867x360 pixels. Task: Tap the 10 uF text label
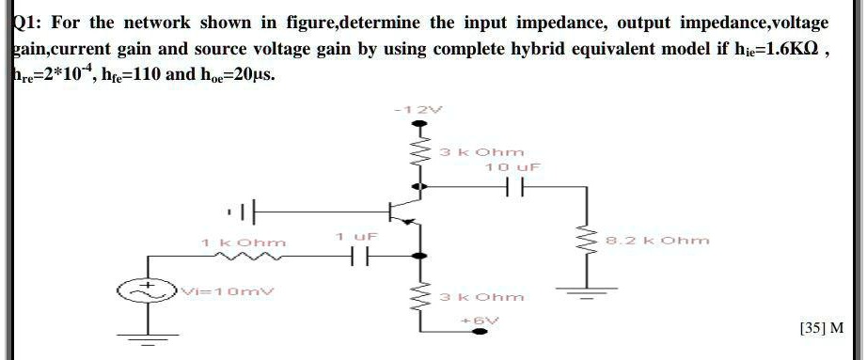click(508, 165)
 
